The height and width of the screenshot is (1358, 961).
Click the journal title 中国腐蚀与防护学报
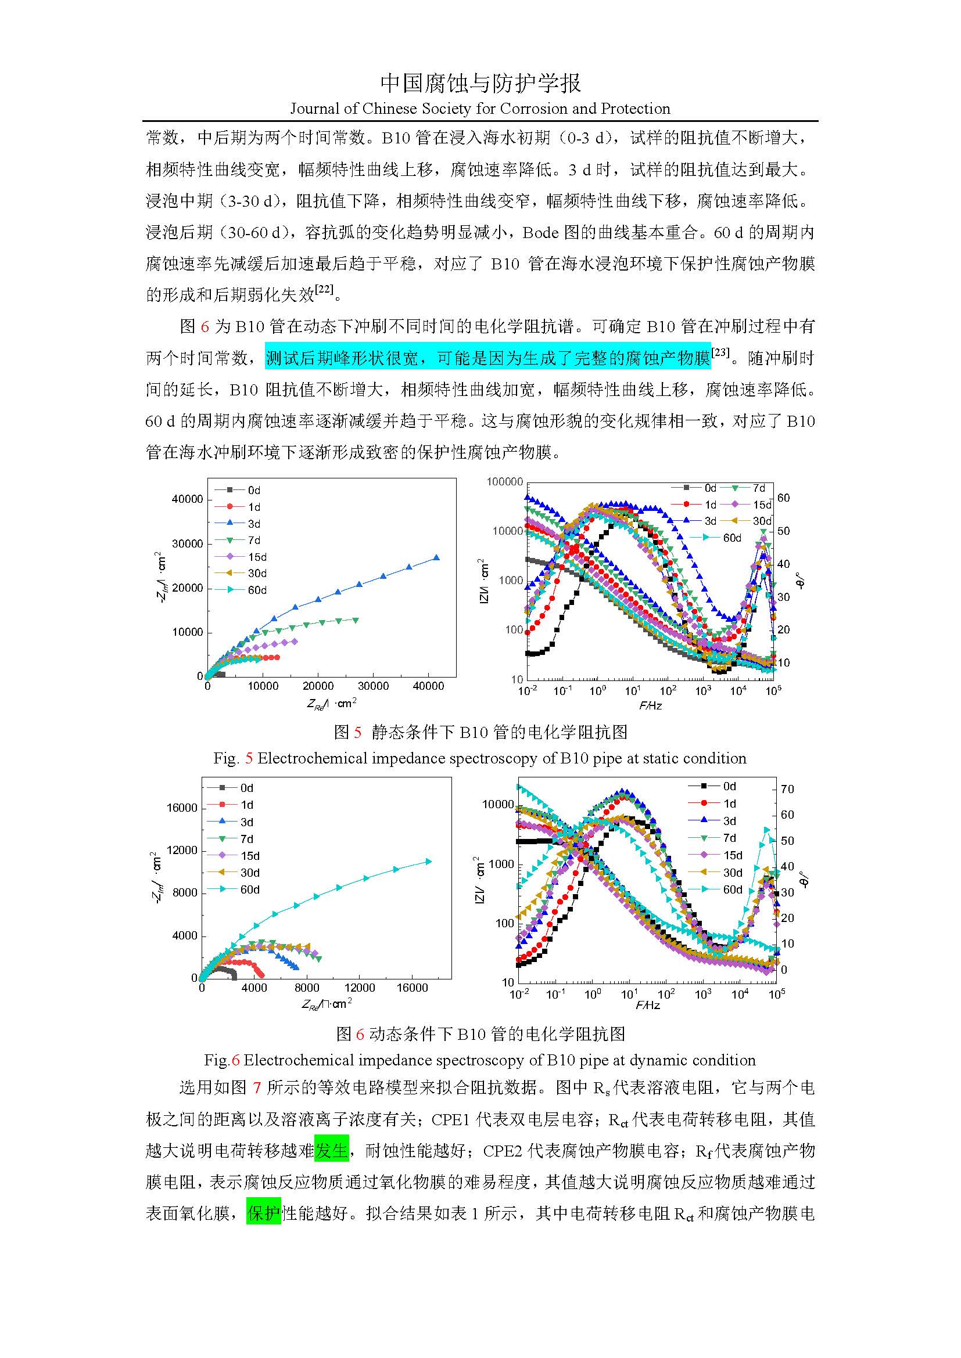pos(480,84)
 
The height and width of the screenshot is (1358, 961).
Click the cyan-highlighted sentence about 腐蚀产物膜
pos(487,358)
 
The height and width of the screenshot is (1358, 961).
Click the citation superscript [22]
pos(324,290)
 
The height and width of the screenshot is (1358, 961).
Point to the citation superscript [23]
pos(720,353)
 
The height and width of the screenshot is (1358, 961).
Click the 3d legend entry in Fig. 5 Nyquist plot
pos(254,524)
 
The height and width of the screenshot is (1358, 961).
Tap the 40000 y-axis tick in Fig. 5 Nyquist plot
pos(187,499)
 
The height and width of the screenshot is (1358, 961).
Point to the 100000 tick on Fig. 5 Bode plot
pos(505,482)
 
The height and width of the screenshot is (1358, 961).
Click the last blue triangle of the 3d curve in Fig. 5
pos(437,558)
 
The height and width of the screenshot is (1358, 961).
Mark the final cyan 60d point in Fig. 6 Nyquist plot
pos(429,861)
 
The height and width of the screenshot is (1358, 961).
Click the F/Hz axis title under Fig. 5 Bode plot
pos(650,705)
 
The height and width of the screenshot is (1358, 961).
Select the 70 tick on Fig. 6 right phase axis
pos(787,789)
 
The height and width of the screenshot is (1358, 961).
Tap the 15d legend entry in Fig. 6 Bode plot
pos(733,855)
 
